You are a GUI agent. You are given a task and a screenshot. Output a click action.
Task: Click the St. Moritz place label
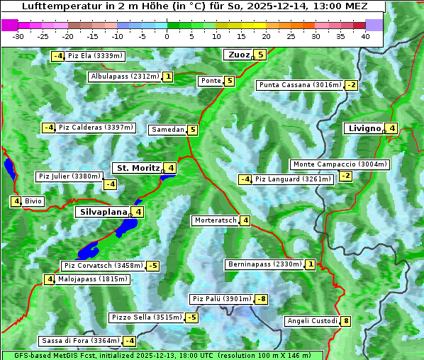[138, 168]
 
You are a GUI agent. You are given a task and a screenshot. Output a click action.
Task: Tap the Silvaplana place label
[103, 211]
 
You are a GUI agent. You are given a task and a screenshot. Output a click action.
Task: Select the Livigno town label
[364, 128]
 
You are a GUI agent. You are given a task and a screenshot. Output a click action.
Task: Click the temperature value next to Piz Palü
[262, 299]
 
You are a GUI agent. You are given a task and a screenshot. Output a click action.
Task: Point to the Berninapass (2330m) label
[265, 264]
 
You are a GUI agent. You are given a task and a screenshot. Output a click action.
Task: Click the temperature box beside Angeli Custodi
[346, 321]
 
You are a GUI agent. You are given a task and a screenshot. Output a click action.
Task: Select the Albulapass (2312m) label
[124, 77]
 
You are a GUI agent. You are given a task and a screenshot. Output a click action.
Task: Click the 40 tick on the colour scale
[365, 36]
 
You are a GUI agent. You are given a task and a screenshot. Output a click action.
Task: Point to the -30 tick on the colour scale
[18, 36]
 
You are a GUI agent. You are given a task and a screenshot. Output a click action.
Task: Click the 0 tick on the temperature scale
[167, 36]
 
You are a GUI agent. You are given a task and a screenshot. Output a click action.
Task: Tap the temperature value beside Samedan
[193, 130]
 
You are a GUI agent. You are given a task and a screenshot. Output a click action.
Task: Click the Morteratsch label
[216, 220]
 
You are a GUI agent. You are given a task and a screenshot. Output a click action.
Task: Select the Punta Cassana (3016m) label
[299, 85]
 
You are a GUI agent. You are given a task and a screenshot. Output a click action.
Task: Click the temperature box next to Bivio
[15, 201]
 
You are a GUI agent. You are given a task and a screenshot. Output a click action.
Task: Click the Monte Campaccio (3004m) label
[340, 164]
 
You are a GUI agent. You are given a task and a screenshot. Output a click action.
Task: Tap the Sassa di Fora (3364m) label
[79, 341]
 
